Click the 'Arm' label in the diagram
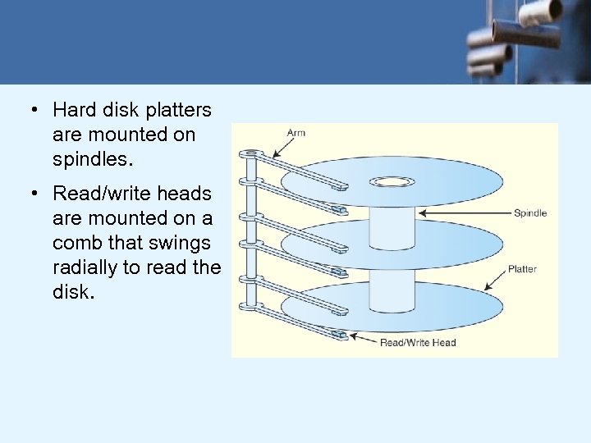[295, 133]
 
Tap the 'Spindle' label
[529, 213]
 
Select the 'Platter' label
[522, 268]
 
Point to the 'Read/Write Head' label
[418, 342]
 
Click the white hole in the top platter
[392, 181]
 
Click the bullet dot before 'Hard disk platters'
[35, 110]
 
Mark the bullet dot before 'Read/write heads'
[35, 194]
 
